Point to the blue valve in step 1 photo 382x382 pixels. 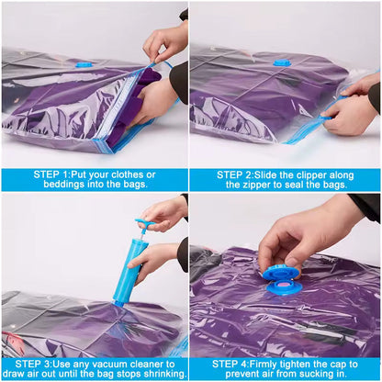coord(84,64)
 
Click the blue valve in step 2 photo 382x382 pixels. coord(282,62)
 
